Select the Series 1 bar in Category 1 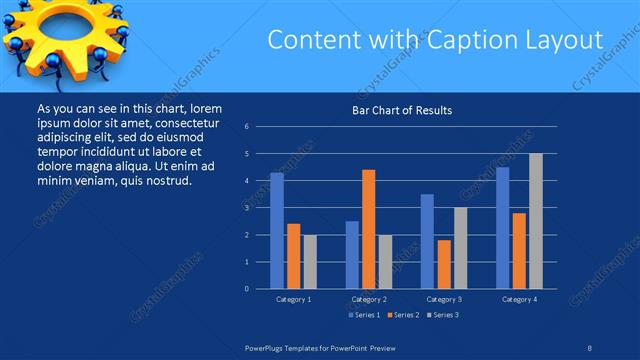(277, 231)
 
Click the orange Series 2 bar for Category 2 (369, 229)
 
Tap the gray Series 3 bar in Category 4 (536, 221)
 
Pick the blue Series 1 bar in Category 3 (427, 241)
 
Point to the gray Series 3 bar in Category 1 (310, 262)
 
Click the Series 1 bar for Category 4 (503, 228)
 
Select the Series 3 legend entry (445, 315)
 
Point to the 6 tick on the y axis (246, 127)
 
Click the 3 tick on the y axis (246, 208)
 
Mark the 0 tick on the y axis (246, 289)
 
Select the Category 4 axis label (519, 299)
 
